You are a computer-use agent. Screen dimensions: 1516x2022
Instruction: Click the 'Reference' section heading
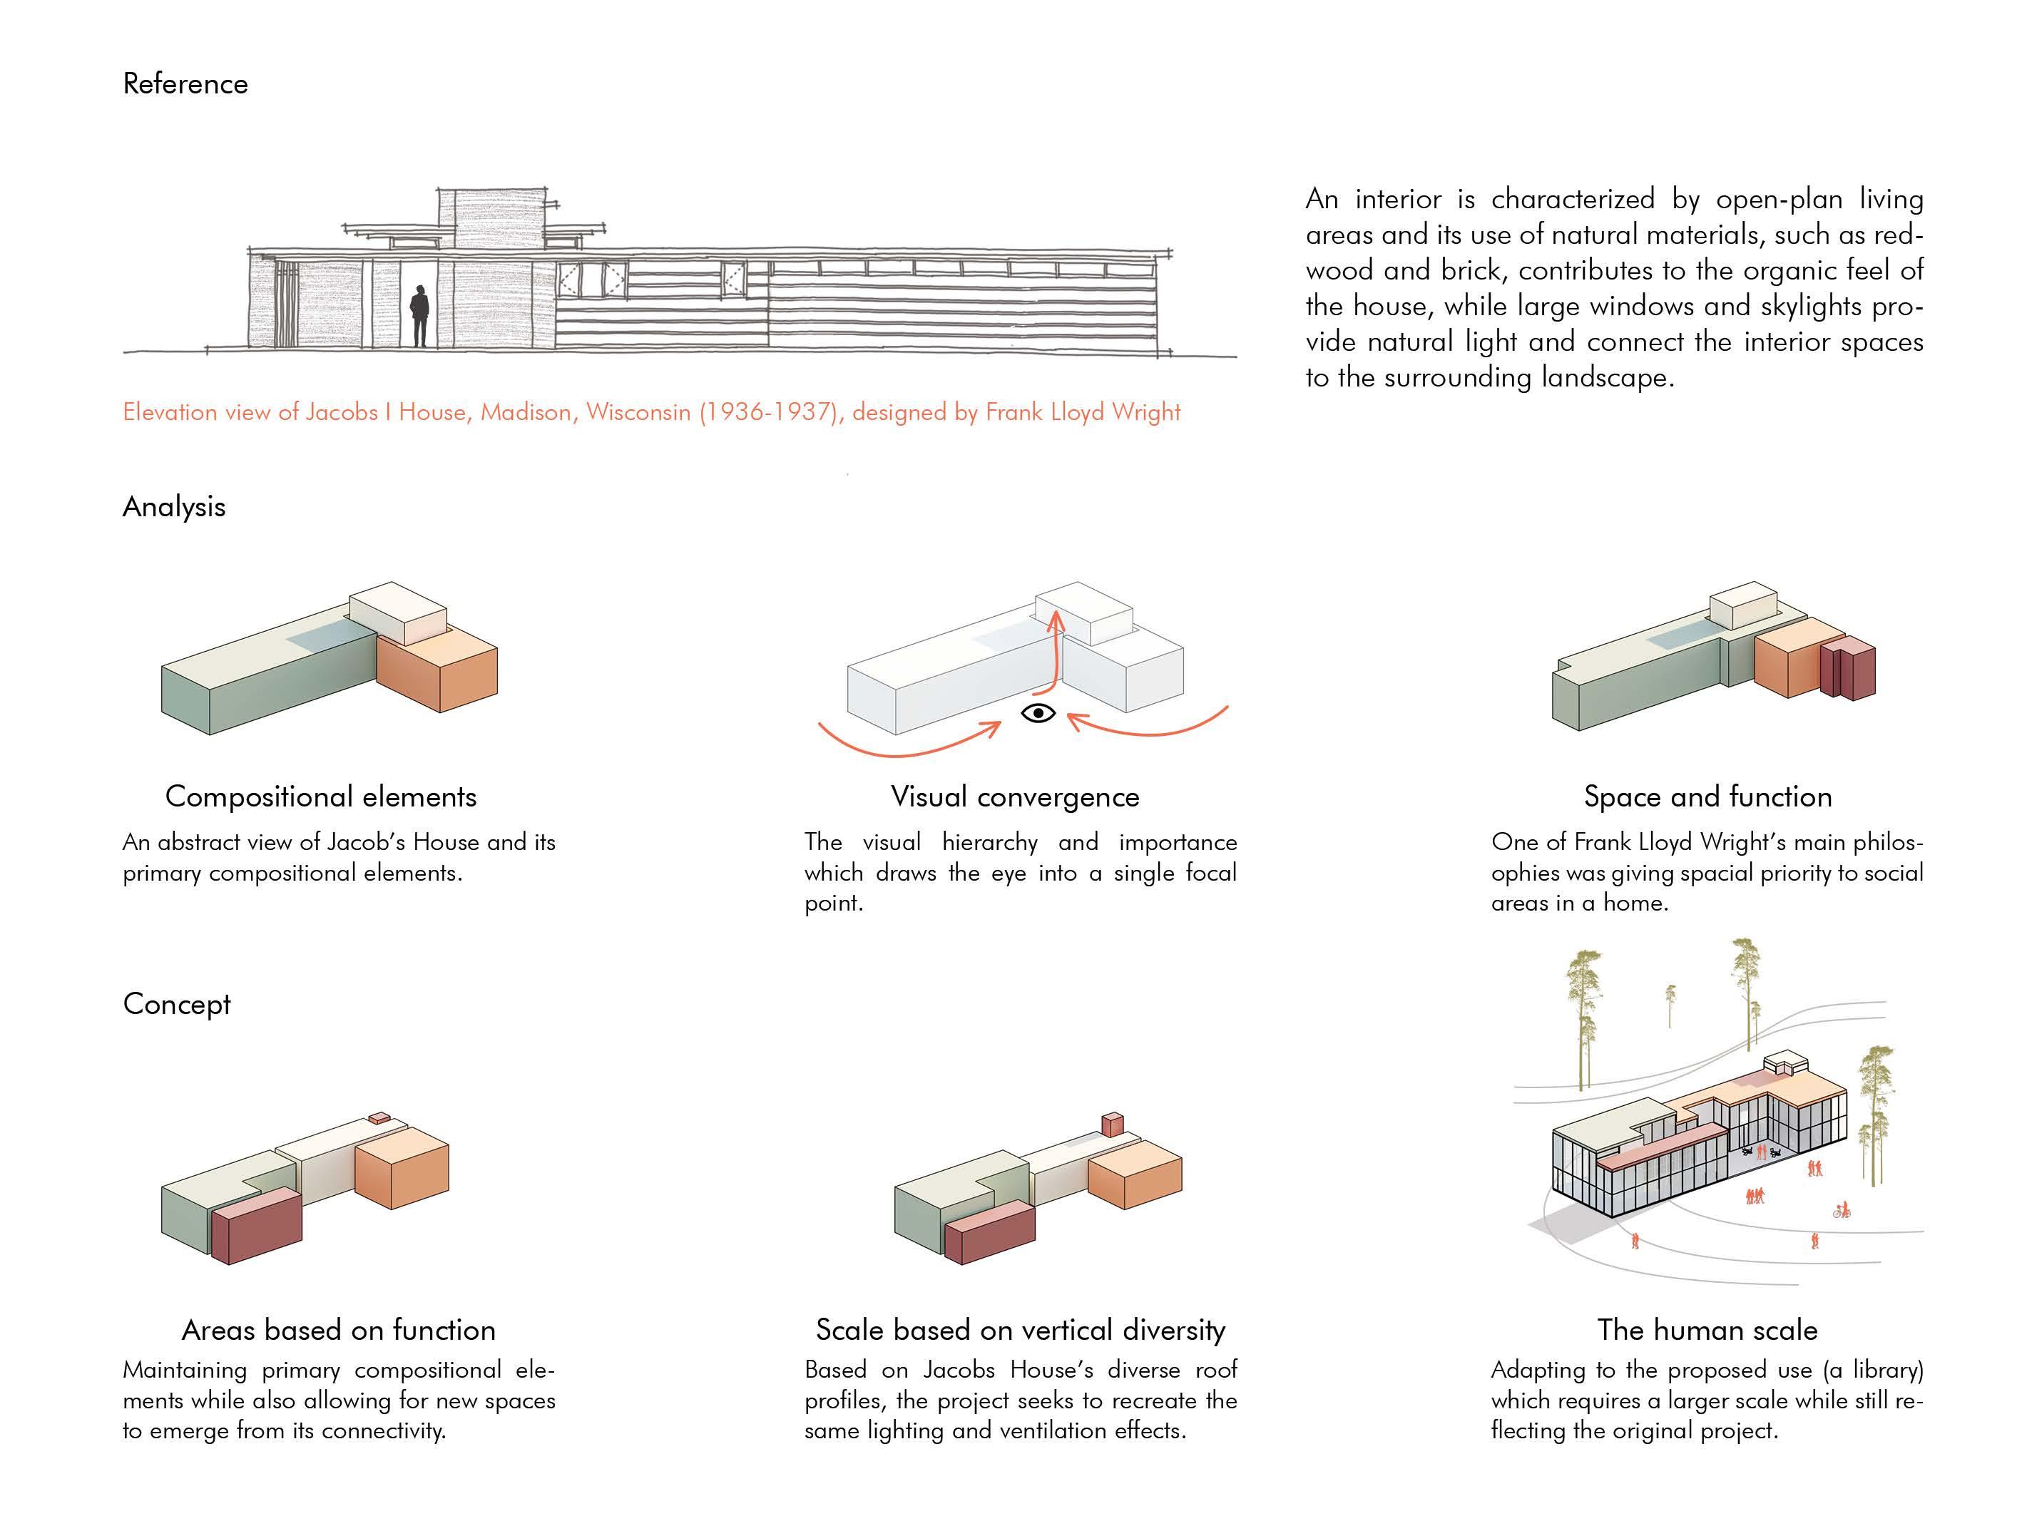coord(185,84)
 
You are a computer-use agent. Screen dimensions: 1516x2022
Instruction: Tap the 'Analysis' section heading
coord(174,507)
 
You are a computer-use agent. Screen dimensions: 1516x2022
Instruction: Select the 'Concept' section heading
coord(176,1004)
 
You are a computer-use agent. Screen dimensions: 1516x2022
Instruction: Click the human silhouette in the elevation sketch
coord(419,315)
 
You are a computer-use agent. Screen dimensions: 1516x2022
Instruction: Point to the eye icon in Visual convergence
coord(1038,713)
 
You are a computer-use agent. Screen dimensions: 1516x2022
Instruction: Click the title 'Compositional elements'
coord(321,797)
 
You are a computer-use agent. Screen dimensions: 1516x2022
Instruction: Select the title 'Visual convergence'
coord(1015,797)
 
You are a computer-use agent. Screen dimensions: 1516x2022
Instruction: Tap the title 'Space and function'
coord(1707,797)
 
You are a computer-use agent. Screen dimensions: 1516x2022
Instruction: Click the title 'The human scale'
coord(1707,1330)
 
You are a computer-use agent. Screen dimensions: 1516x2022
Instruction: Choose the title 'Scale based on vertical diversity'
coord(1020,1330)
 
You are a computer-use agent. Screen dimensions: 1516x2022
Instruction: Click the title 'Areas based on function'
coord(338,1330)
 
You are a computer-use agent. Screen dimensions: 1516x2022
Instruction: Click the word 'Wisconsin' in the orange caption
coord(638,412)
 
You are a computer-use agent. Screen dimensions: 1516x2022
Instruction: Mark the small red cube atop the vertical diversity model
coord(1111,1123)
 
